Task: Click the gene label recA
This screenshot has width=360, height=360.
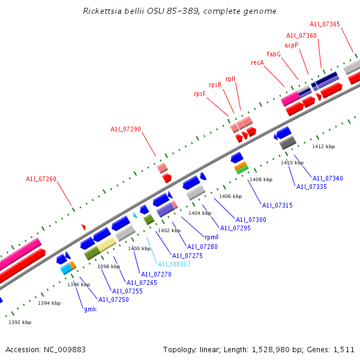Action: (x=257, y=62)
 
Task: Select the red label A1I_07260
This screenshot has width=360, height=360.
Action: (x=41, y=179)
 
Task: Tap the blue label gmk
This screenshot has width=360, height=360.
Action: (x=90, y=309)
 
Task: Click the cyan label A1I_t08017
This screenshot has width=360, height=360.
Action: (x=174, y=264)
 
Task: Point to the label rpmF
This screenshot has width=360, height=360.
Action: (x=212, y=237)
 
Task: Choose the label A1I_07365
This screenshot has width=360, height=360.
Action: (x=325, y=24)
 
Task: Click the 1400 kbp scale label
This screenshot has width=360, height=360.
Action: (x=139, y=248)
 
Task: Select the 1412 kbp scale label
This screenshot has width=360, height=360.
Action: (x=323, y=146)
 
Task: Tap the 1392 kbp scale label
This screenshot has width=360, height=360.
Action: (x=20, y=322)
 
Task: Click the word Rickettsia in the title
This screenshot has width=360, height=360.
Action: (x=103, y=11)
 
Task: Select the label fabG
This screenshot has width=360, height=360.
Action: (x=274, y=54)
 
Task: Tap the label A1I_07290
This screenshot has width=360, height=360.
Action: (x=125, y=129)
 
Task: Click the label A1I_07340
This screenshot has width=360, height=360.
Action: (x=328, y=178)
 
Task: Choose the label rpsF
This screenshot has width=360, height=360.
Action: (x=200, y=94)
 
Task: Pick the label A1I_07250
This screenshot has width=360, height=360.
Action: (x=113, y=299)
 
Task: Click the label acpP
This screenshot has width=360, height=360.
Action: (x=291, y=45)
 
